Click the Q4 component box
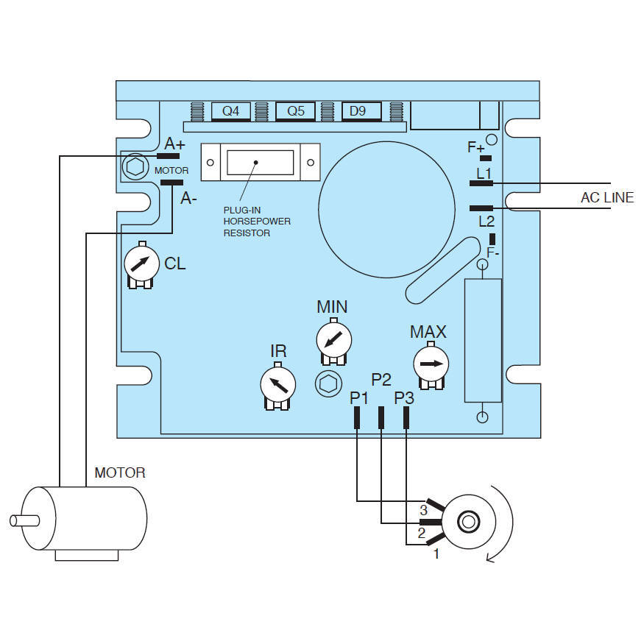click(x=231, y=111)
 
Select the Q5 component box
click(x=296, y=111)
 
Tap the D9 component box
click(x=361, y=111)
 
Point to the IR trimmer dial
click(x=279, y=383)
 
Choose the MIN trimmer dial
click(x=333, y=341)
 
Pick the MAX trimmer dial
click(x=430, y=364)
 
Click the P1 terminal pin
click(x=357, y=417)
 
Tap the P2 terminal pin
click(x=381, y=417)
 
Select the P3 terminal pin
click(x=406, y=417)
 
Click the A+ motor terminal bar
click(x=169, y=156)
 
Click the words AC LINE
click(x=607, y=197)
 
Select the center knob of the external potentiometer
click(x=467, y=523)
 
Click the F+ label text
click(x=475, y=147)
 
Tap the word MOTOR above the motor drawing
click(x=120, y=473)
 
